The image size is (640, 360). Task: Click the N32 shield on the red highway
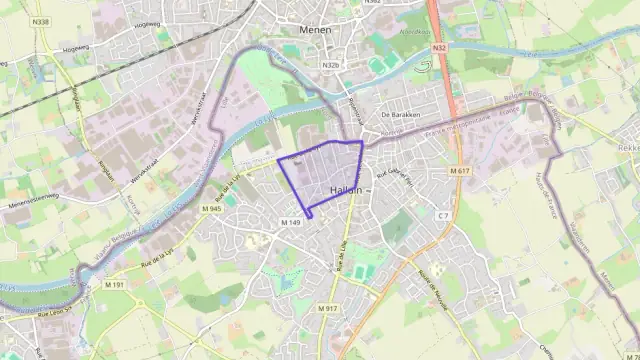pos(439,47)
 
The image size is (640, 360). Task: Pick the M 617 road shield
pos(459,171)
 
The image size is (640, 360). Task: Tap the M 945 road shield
pos(210,208)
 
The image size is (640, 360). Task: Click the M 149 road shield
pos(291,221)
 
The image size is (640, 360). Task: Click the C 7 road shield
pos(443,215)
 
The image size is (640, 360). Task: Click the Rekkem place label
pos(630,146)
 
